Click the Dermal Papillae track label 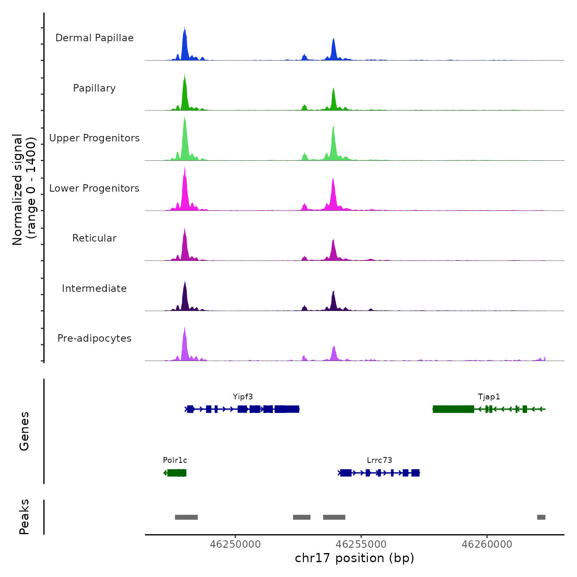coord(94,38)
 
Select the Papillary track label coord(94,88)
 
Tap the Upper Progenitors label coord(94,138)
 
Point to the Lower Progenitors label coord(94,188)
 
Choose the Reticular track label coord(94,238)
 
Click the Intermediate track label coord(94,288)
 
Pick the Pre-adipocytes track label coord(94,338)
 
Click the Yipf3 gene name coord(243,397)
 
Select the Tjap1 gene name coord(489,397)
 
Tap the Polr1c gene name coord(175,460)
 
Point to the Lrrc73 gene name coord(379,460)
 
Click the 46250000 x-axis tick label coord(235,544)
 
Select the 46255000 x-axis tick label coord(361,544)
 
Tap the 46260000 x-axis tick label coord(487,544)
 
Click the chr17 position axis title coord(354,558)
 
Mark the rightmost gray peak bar coord(541,517)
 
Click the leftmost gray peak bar coord(186,517)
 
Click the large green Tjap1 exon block coord(453,409)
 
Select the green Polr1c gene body coord(177,473)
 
